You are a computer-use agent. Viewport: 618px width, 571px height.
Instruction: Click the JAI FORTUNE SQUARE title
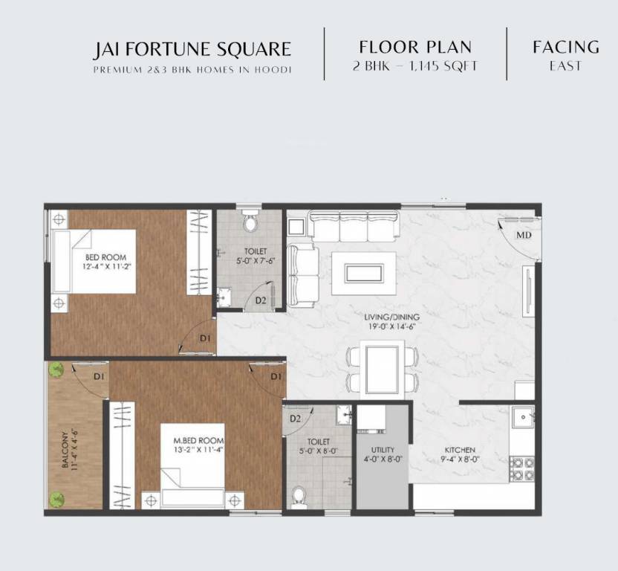(192, 50)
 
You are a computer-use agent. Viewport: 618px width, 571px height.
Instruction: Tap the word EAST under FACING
(565, 66)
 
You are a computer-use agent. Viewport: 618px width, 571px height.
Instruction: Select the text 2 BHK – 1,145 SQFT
(415, 66)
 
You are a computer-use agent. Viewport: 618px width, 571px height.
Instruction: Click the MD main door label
(524, 236)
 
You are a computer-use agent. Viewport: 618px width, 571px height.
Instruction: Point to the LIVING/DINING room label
(383, 320)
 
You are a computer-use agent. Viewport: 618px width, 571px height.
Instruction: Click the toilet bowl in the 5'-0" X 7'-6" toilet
(250, 222)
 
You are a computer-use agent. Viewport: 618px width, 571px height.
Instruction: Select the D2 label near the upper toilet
(261, 300)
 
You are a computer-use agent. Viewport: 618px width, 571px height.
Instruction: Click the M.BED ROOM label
(193, 445)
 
